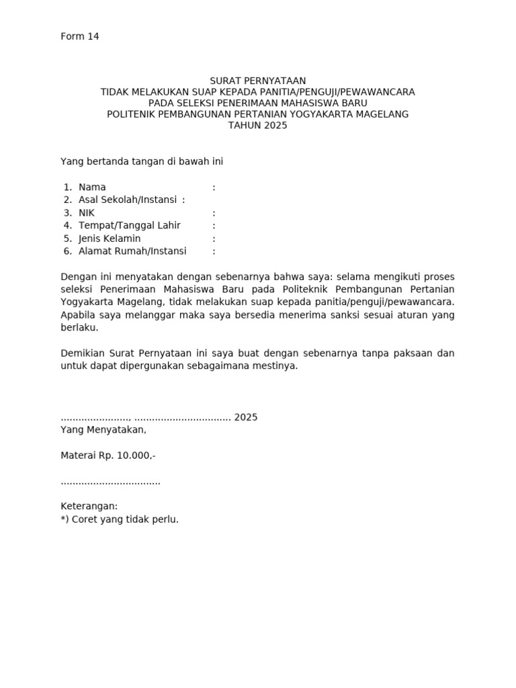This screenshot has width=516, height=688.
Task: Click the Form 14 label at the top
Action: coord(80,36)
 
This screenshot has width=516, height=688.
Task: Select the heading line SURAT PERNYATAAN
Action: coord(257,81)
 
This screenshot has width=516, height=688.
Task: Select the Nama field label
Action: coord(92,187)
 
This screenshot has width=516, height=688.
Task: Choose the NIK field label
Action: coord(87,213)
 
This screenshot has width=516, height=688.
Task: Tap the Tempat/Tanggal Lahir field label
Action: coord(129,226)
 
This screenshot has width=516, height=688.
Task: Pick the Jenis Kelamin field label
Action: coord(110,239)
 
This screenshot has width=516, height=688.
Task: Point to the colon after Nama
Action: coord(214,187)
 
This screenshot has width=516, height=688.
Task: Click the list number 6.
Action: coord(67,251)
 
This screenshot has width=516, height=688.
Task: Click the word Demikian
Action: coord(82,353)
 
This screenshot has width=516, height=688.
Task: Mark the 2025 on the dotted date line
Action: coord(246,417)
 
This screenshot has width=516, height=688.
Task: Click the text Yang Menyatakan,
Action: coord(103,430)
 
